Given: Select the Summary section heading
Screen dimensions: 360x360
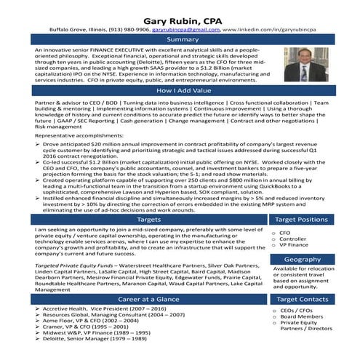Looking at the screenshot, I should [x=179, y=39].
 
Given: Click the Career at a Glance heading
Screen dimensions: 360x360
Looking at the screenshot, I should [x=149, y=299].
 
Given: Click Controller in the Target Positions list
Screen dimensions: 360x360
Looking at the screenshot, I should [x=293, y=239].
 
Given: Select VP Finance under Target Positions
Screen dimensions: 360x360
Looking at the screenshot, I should [x=294, y=246].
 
